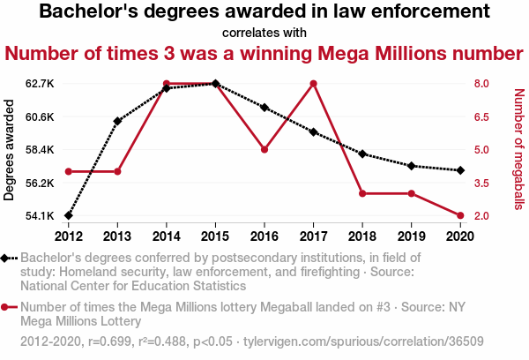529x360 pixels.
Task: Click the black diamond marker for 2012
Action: [69, 215]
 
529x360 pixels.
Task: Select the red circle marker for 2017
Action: [313, 84]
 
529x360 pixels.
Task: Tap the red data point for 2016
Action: [264, 149]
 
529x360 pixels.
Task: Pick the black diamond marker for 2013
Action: [117, 121]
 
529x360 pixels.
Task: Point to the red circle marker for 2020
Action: [460, 215]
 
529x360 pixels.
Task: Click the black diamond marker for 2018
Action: [362, 154]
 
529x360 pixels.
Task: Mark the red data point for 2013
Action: [117, 171]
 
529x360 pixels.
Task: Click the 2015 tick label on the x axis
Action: [215, 236]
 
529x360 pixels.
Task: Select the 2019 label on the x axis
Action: [411, 236]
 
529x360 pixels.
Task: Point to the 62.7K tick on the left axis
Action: [40, 84]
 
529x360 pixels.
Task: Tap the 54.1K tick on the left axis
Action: [40, 215]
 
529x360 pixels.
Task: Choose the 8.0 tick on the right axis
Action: [481, 84]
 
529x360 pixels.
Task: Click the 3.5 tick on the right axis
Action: [481, 183]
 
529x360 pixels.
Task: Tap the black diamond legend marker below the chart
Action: [9, 258]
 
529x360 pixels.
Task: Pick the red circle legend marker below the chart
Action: [9, 308]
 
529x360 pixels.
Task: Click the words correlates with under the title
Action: [264, 33]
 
